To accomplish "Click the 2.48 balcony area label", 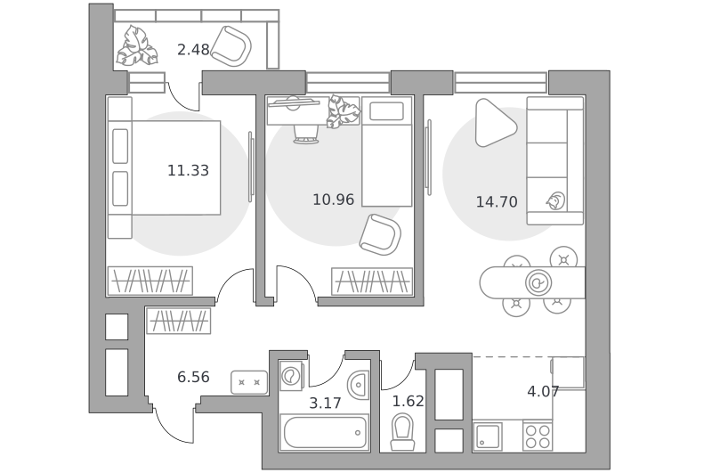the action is (193, 49).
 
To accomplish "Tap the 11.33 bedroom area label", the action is (188, 170).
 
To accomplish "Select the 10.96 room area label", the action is (333, 200).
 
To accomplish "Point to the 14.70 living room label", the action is (497, 201).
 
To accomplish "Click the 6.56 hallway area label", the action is (193, 377).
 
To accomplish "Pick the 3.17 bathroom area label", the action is (325, 403).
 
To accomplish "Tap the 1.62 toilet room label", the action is (409, 401).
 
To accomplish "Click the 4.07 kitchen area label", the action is (543, 391).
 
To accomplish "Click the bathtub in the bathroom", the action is (325, 433).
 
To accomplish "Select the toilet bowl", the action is (403, 432).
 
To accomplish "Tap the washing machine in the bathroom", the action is (291, 375).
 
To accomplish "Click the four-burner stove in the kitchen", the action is (538, 436).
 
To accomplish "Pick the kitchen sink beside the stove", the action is (488, 436).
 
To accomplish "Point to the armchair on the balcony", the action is (231, 46).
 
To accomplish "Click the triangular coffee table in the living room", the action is (494, 123).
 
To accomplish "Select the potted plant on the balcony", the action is (137, 46).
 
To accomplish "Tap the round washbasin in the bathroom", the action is (359, 385).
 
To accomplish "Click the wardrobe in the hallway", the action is (179, 321).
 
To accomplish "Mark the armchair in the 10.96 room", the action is (381, 234).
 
